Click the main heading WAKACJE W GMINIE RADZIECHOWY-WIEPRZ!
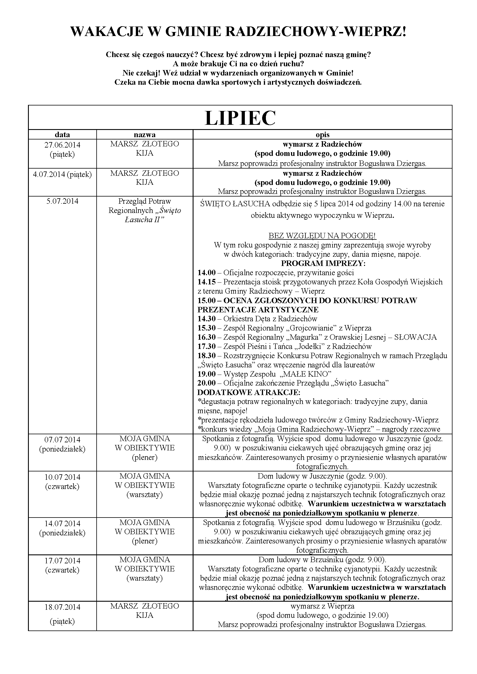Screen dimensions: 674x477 click(x=238, y=32)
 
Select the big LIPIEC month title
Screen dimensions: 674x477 click(x=240, y=118)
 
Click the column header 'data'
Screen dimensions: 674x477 click(x=62, y=135)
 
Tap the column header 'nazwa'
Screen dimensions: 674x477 click(x=144, y=135)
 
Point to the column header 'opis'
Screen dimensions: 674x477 click(x=322, y=135)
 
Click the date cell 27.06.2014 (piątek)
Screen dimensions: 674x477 click(x=62, y=150)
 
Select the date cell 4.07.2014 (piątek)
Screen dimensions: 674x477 click(x=62, y=175)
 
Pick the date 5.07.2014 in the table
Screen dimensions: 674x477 click(x=62, y=201)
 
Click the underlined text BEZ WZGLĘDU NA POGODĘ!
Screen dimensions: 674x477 click(x=322, y=236)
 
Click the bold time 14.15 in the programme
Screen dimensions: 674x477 click(x=206, y=282)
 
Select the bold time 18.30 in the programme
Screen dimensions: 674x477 click(x=206, y=356)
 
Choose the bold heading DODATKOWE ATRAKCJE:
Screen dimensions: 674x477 click(x=249, y=392)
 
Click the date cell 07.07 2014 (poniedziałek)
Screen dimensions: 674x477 click(x=62, y=444)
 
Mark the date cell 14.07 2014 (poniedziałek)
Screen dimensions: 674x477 click(x=62, y=528)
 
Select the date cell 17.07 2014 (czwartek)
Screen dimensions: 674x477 click(x=62, y=566)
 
